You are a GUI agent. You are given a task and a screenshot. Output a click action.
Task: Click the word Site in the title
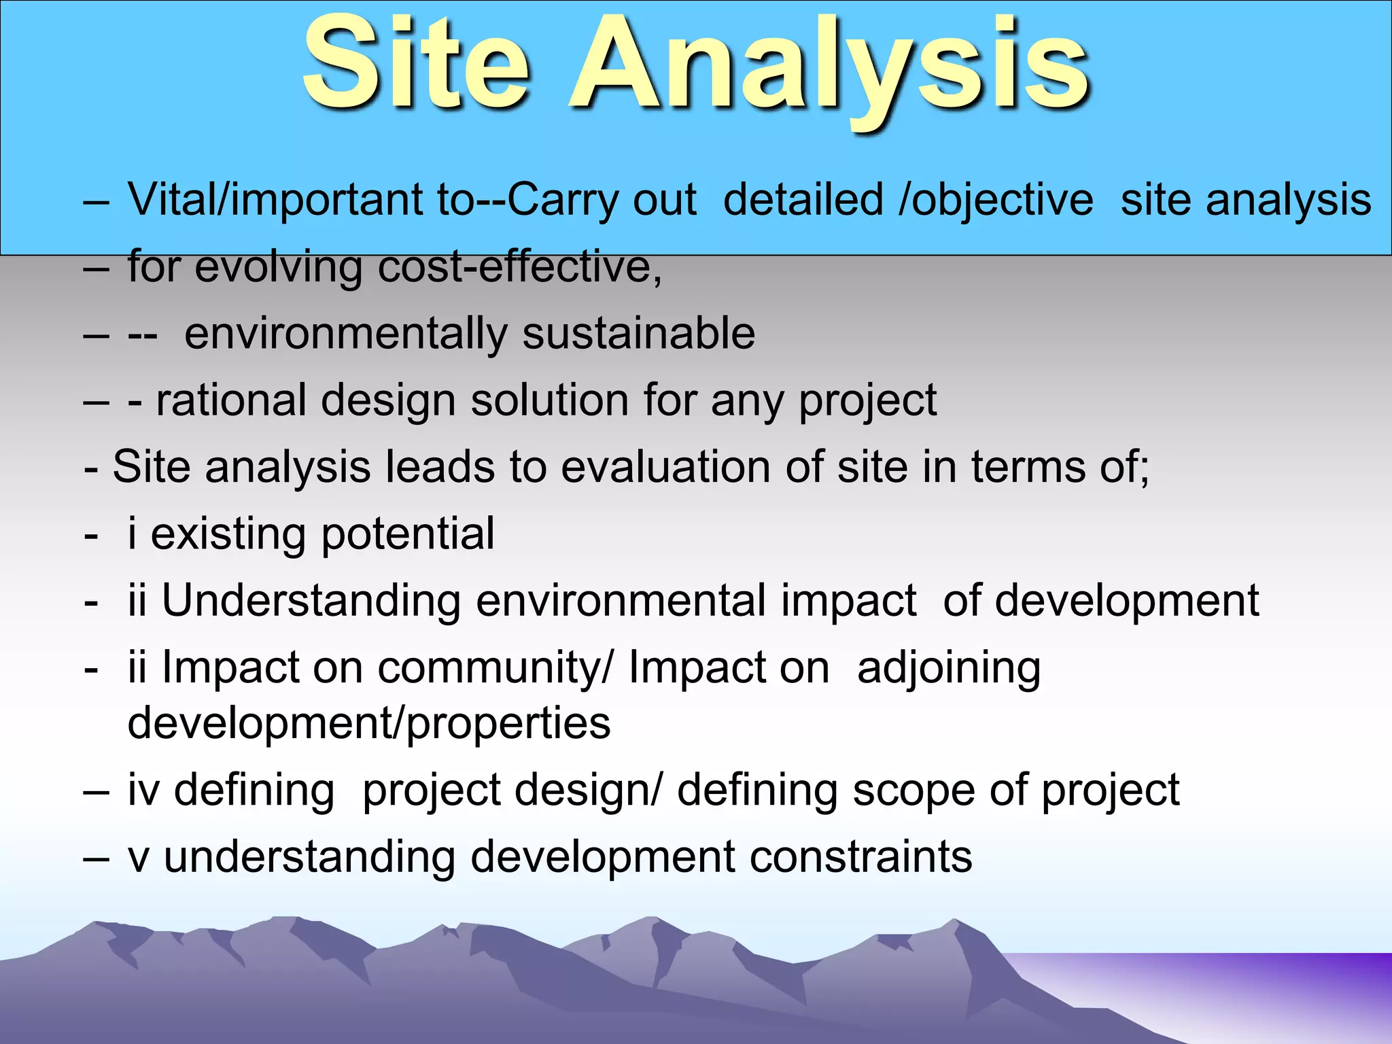click(x=416, y=65)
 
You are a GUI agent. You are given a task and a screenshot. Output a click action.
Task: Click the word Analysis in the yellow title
click(x=831, y=68)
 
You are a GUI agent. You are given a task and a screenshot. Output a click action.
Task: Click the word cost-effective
click(x=520, y=266)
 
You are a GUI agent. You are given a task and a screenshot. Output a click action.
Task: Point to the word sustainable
click(x=638, y=334)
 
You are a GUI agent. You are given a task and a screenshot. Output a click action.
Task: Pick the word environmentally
click(x=345, y=334)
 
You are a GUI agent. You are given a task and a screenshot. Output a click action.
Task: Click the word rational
click(x=231, y=400)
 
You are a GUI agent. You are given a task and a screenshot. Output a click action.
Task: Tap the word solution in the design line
click(x=549, y=400)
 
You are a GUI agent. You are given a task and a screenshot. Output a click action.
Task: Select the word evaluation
click(x=666, y=467)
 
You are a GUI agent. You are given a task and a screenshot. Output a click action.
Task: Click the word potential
click(x=408, y=534)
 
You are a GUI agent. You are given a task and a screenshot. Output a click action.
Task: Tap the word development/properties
click(x=369, y=723)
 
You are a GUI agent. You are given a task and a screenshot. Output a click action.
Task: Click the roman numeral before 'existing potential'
click(x=132, y=533)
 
